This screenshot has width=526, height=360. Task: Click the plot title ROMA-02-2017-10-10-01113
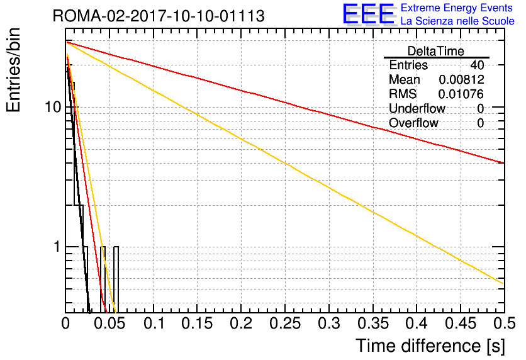point(159,16)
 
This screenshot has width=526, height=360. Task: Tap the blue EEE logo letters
point(369,14)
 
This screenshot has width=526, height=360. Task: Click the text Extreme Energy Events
point(457,8)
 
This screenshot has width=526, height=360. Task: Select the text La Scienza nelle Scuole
point(457,21)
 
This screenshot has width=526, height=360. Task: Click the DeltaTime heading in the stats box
point(436,51)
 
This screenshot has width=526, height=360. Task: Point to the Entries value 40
point(477,65)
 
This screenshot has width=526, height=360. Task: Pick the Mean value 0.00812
point(461,79)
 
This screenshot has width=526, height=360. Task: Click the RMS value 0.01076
point(461,94)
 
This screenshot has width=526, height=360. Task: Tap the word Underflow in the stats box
point(417,108)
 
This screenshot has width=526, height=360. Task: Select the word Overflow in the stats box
point(413,123)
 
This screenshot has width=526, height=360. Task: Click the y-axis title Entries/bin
point(13,70)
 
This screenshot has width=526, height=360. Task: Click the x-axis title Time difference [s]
point(430,346)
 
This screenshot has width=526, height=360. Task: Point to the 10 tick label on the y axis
point(53,107)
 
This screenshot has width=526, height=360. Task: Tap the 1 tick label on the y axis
point(57,247)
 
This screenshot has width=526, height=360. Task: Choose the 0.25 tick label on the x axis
point(285,323)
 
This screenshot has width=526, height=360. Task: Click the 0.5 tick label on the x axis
point(504,323)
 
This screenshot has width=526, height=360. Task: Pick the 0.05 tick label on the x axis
point(109,323)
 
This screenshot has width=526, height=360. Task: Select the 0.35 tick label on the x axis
point(373,323)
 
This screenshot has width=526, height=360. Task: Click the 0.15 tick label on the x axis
point(198,323)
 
